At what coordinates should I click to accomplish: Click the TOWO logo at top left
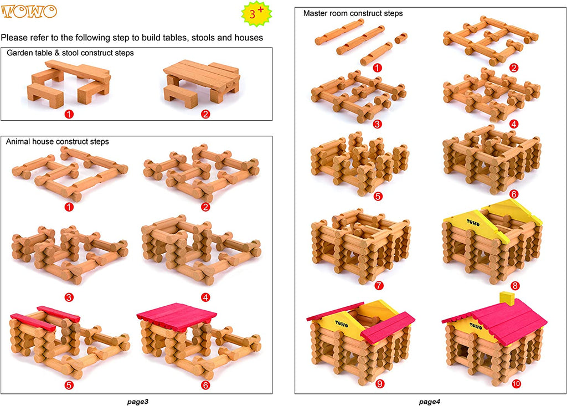[29, 12]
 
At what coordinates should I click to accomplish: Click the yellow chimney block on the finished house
[507, 298]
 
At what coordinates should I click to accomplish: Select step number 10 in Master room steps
[516, 383]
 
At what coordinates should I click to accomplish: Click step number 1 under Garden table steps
[69, 115]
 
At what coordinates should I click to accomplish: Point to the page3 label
[137, 400]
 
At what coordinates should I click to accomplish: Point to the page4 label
[430, 400]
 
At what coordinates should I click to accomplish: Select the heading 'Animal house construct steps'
[57, 141]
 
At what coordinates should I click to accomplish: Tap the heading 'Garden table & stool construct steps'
[70, 53]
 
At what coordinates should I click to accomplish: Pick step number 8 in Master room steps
[516, 286]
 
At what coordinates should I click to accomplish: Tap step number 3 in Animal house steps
[69, 297]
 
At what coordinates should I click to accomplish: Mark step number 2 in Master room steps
[514, 68]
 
